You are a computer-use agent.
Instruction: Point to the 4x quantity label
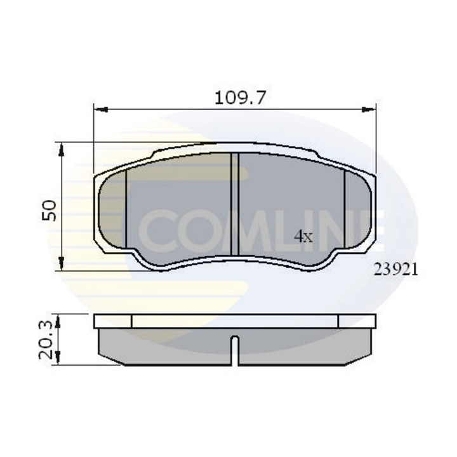tap(304, 237)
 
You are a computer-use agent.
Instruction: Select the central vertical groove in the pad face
tap(234, 204)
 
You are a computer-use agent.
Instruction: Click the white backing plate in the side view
tap(235, 321)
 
